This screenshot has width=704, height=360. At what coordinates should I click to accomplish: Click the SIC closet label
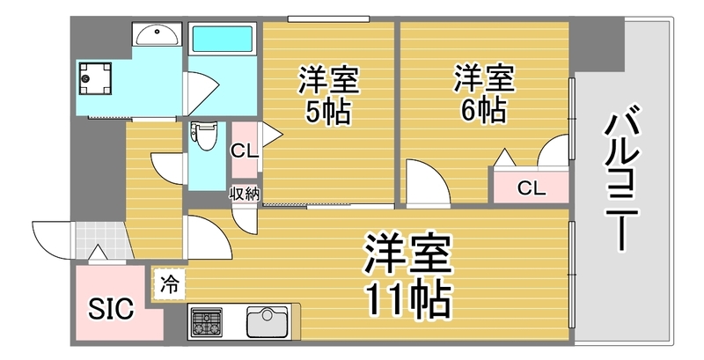pos(111,309)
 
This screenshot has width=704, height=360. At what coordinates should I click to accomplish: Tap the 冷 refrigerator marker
pos(168,283)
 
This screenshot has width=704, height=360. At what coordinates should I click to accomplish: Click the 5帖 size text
pos(329,113)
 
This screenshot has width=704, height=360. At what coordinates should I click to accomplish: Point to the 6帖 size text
pos(482,111)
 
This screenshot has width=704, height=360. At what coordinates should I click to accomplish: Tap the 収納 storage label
pos(244,195)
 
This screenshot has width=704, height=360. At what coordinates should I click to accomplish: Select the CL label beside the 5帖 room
pos(244,151)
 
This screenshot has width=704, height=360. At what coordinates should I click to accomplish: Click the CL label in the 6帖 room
pos(531,187)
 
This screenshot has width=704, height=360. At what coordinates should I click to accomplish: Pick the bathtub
pos(223,40)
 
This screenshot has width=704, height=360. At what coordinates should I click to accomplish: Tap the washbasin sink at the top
pos(157,35)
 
